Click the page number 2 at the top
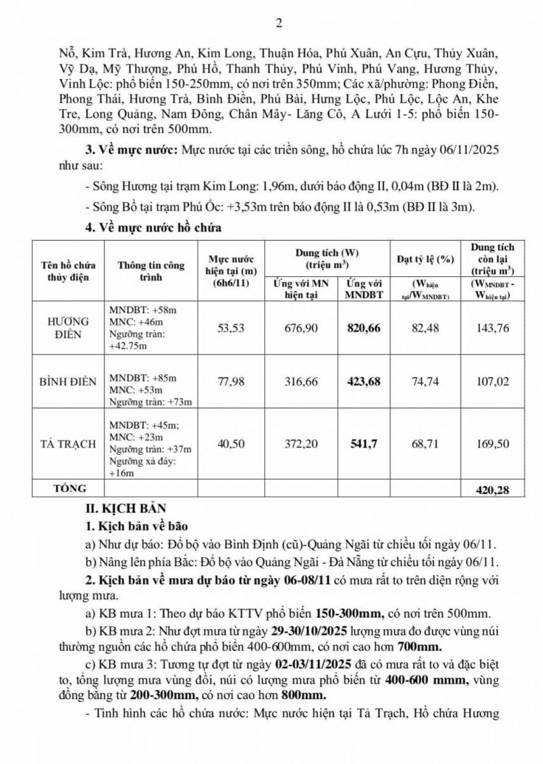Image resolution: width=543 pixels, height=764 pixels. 278,24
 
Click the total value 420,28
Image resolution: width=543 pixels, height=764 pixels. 492,490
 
